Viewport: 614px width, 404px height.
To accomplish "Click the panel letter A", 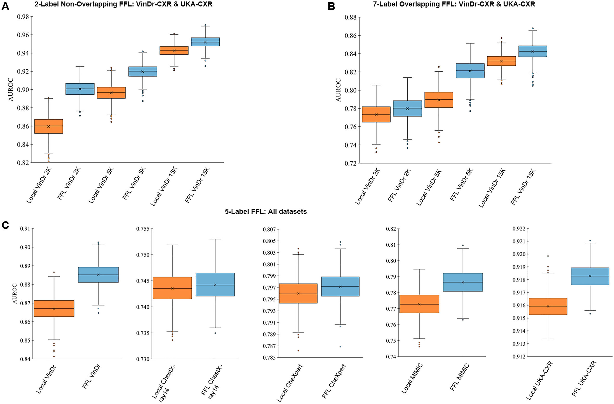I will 5,6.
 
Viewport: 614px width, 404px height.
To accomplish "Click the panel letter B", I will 331,6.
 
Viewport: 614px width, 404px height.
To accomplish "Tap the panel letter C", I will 5,225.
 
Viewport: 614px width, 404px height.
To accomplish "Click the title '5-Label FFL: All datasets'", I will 266,212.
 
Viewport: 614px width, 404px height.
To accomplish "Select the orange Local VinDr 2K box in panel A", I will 49,126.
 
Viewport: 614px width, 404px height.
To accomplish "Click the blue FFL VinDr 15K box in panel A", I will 205,42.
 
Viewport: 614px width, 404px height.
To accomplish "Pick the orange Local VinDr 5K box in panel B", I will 439,100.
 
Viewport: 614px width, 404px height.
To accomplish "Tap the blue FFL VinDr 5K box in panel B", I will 470,71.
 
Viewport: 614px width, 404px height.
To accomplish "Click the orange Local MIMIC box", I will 419,304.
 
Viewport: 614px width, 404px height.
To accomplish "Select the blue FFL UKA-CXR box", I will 590,276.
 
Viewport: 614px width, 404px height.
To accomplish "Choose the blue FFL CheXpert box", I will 340,286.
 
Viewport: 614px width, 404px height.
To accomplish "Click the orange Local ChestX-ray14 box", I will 172,288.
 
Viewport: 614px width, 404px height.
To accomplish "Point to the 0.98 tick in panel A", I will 23,17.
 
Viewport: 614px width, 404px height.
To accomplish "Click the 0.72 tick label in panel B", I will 350,163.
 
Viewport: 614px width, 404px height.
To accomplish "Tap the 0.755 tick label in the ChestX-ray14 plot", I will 143,229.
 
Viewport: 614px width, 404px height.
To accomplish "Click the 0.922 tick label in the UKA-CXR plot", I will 519,229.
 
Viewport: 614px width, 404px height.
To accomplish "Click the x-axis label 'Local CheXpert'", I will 289,383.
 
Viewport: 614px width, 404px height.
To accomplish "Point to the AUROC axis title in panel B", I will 338,90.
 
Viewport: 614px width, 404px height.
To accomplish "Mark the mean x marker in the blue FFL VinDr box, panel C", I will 98,275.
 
